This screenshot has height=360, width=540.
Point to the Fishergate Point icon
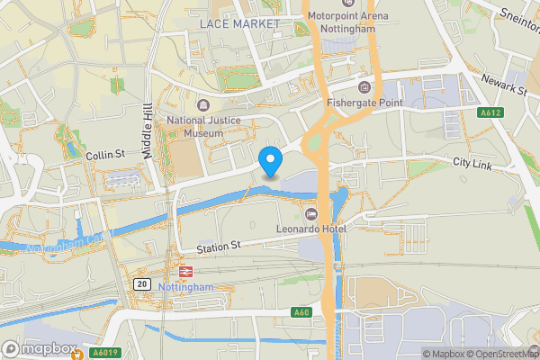tap(364, 86)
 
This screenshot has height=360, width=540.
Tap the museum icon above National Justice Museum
tap(199, 104)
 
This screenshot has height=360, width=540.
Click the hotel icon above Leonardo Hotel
tap(311, 214)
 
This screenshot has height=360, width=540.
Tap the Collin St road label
tap(104, 155)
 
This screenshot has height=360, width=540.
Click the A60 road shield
tap(301, 312)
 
